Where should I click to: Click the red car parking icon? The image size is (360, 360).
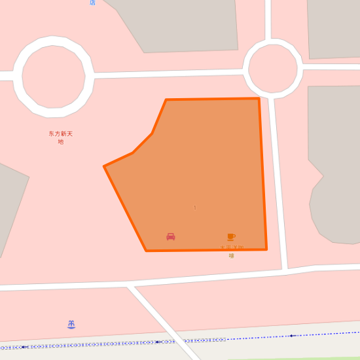point(171,236)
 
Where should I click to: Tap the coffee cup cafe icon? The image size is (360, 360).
point(231,237)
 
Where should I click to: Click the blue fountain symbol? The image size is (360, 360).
point(71,324)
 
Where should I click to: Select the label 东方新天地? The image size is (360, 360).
point(60,137)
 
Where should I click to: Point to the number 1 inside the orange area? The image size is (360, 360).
point(194,207)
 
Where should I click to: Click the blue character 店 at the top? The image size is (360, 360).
point(92,3)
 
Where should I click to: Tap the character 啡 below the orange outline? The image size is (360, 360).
point(231,256)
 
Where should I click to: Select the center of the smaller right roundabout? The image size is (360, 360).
point(272,68)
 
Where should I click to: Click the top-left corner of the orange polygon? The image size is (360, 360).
point(166,100)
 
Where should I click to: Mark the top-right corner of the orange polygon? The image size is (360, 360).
point(259,99)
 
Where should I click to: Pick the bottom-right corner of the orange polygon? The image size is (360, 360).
point(266,249)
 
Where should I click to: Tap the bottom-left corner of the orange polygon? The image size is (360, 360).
point(146,251)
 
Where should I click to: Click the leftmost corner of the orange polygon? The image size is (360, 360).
point(104,166)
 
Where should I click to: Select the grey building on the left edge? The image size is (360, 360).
point(9,203)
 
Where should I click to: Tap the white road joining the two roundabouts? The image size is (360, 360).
point(168,73)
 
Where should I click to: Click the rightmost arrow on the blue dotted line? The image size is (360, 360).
point(291,336)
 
